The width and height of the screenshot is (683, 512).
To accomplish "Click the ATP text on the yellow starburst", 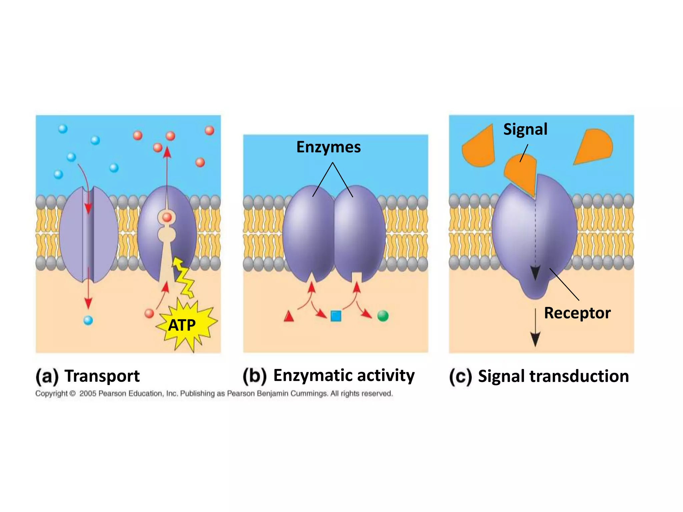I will pyautogui.click(x=182, y=325).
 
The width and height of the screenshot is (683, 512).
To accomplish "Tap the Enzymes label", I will pyautogui.click(x=328, y=147).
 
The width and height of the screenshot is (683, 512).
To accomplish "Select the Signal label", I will pyautogui.click(x=525, y=129).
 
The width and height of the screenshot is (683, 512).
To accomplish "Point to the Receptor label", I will pyautogui.click(x=577, y=313).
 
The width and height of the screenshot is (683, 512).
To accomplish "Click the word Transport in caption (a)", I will pyautogui.click(x=102, y=376).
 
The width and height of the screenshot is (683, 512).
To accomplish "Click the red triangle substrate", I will pyautogui.click(x=289, y=316).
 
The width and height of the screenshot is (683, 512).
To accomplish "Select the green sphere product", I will pyautogui.click(x=383, y=316).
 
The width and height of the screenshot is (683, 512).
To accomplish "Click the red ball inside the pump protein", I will pyautogui.click(x=167, y=218).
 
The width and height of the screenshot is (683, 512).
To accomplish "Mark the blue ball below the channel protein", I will pyautogui.click(x=88, y=320).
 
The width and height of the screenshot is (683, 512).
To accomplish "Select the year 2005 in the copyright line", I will pyautogui.click(x=88, y=394).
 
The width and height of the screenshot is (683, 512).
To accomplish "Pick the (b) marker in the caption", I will pyautogui.click(x=255, y=376).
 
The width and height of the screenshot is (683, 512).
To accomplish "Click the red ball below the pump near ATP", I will pyautogui.click(x=149, y=313).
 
